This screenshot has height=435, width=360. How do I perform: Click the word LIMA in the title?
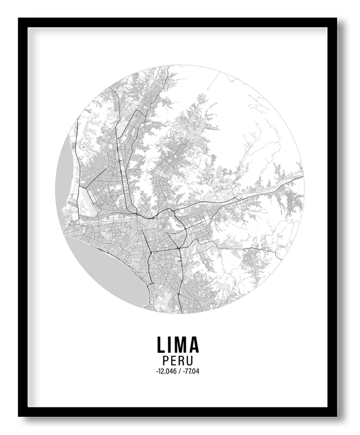tap(177, 345)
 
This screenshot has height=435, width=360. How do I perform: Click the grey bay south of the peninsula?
tap(118, 276)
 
